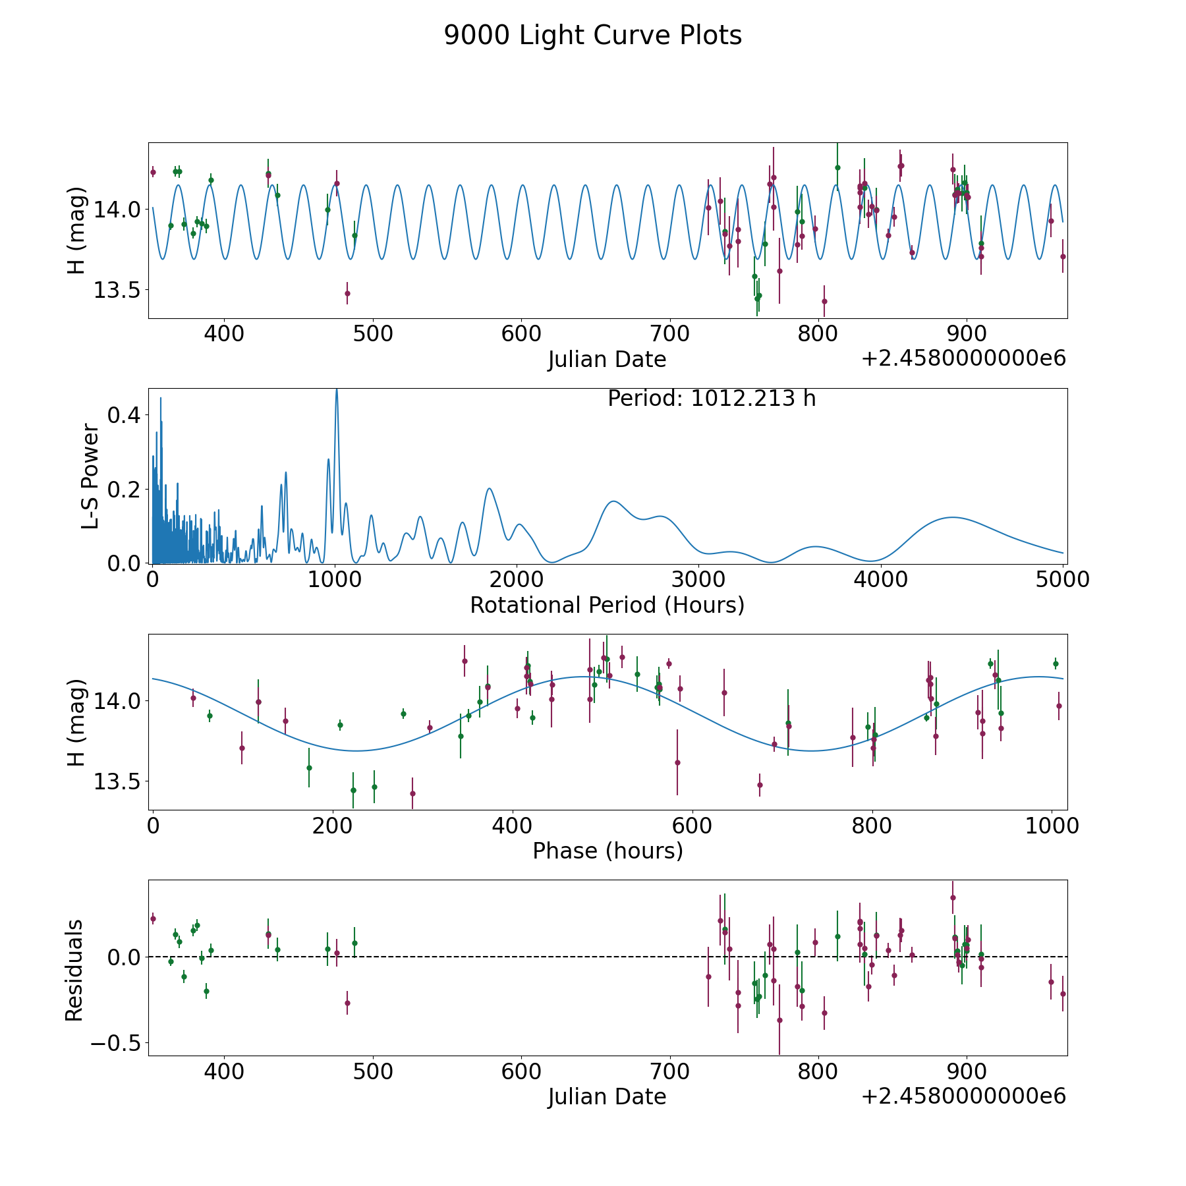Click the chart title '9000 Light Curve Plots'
tap(593, 36)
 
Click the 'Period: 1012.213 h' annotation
tap(712, 399)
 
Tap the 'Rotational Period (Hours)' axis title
tap(607, 605)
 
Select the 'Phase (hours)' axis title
tap(607, 851)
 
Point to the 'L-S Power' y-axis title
tap(91, 476)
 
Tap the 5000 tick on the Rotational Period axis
tap(1063, 579)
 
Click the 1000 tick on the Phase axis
tap(1052, 826)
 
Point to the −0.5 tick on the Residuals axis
tap(112, 1043)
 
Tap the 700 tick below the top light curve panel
tap(669, 333)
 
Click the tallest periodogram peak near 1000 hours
tap(337, 389)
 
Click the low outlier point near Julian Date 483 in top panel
tap(347, 293)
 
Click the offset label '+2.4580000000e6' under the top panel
tap(963, 358)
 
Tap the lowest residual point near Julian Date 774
tap(779, 1020)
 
